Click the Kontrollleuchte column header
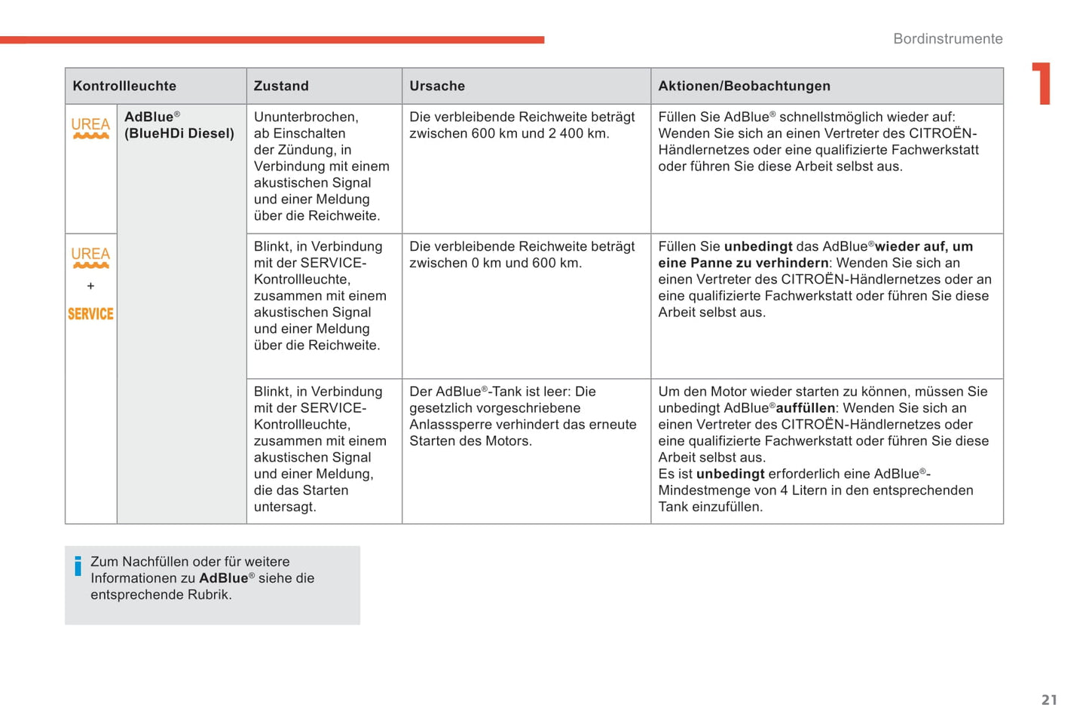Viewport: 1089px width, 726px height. [x=124, y=86]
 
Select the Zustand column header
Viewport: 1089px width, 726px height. [x=281, y=86]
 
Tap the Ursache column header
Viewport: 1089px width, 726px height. [x=437, y=86]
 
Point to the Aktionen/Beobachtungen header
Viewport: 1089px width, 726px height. [x=744, y=86]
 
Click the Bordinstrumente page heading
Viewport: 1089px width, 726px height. [x=947, y=38]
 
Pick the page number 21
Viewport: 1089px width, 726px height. [x=1049, y=700]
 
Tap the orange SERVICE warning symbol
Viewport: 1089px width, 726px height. [x=90, y=314]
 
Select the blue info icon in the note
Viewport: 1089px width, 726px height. [x=78, y=566]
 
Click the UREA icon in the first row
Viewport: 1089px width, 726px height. [x=90, y=127]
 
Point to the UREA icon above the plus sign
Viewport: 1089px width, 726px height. [x=90, y=257]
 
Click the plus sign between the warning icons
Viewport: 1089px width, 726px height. [x=90, y=286]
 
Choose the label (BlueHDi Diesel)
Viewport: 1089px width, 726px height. [x=179, y=133]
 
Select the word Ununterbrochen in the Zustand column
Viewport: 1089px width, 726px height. [x=305, y=117]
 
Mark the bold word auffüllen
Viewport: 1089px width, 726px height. [x=805, y=407]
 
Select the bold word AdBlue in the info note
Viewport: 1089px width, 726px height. [x=223, y=578]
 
